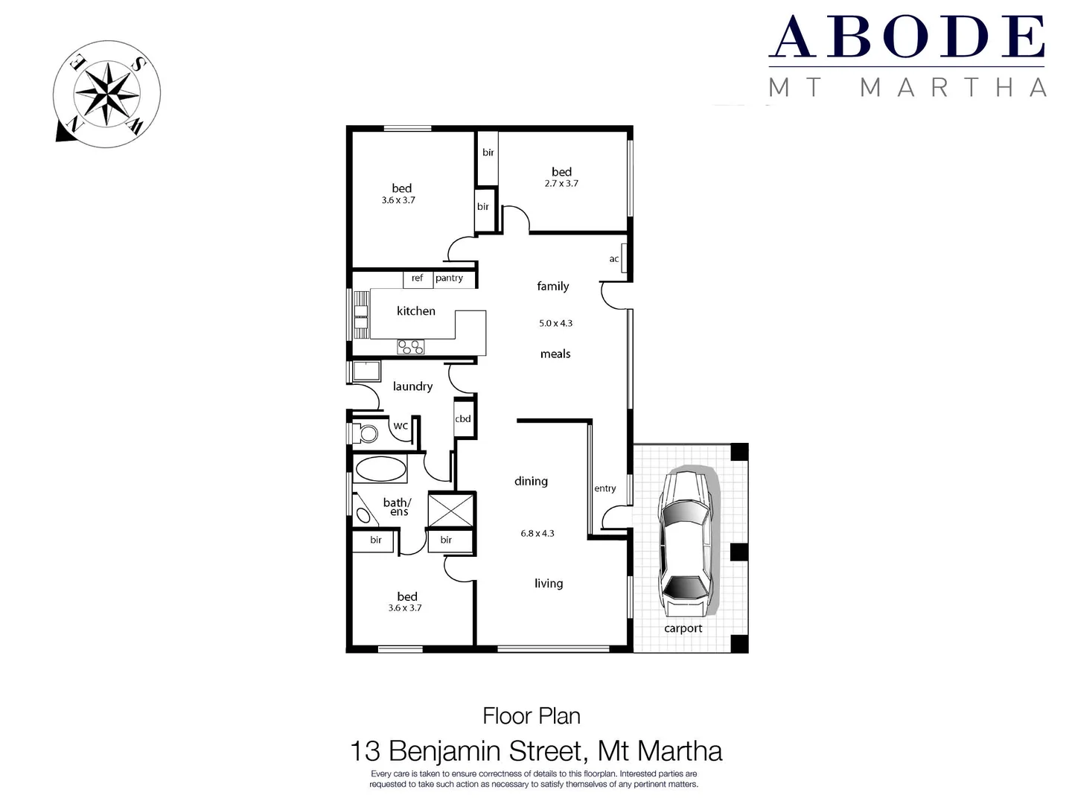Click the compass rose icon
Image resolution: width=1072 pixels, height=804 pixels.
107,94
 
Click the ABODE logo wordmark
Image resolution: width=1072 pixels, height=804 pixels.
907,37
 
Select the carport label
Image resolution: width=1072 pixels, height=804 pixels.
683,628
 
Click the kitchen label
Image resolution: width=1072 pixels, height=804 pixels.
415,311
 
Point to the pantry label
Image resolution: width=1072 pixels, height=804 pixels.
449,278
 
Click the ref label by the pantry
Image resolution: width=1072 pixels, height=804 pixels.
417,278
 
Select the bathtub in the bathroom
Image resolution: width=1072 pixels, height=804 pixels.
380,470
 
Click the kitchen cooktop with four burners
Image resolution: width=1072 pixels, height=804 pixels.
410,346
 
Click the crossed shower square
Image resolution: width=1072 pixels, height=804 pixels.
451,511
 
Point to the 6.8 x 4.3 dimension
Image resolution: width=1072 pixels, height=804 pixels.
537,533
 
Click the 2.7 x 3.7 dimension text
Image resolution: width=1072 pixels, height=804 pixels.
561,183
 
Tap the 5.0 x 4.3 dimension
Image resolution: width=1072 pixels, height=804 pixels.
555,323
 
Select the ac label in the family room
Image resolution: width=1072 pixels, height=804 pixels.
614,259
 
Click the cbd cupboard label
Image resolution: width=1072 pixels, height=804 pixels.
463,419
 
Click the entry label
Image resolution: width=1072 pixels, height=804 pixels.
604,488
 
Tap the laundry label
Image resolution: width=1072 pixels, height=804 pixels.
412,386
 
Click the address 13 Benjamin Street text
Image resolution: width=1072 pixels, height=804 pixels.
536,750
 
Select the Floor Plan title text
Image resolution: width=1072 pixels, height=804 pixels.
531,716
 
